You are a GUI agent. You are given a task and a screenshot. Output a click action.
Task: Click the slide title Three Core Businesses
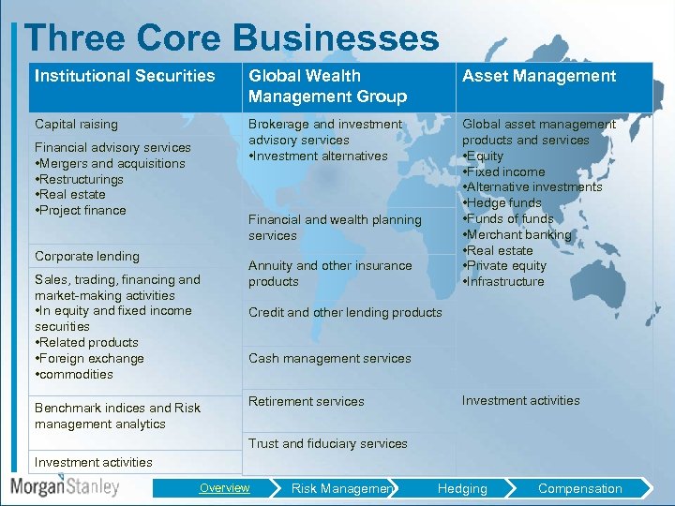click(232, 38)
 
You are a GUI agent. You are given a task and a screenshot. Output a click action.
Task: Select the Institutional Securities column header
click(125, 76)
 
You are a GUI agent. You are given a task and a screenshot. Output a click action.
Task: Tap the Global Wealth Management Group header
click(327, 86)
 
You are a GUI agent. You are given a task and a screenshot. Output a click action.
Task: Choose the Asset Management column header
click(539, 76)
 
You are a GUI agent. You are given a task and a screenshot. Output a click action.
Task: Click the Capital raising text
click(76, 124)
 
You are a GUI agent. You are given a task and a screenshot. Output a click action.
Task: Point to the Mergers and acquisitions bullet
click(111, 163)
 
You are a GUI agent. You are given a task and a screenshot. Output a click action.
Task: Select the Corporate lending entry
click(86, 256)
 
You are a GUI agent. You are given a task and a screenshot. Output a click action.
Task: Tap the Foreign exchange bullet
click(90, 358)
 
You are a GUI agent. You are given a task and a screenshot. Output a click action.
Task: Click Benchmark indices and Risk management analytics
click(117, 416)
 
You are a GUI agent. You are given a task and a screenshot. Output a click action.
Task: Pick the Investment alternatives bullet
click(318, 156)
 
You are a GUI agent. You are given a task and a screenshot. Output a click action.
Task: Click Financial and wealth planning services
click(335, 228)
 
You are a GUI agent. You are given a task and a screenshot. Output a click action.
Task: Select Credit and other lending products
click(345, 312)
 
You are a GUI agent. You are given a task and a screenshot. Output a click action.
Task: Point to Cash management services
click(329, 358)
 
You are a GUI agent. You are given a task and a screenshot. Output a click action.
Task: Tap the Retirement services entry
click(306, 401)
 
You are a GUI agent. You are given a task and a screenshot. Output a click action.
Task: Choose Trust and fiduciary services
click(327, 443)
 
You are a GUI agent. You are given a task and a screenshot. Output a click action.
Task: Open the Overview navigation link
click(224, 487)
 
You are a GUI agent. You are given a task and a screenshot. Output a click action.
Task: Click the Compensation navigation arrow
click(579, 488)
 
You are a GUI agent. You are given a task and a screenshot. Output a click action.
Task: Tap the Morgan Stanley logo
click(66, 487)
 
